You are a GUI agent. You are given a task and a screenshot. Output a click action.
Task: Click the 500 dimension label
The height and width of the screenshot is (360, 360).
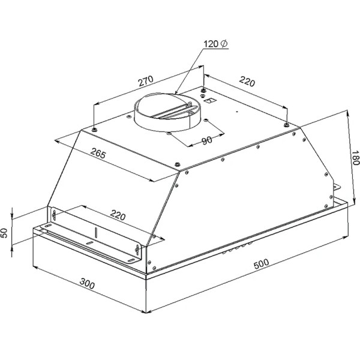point(261,264)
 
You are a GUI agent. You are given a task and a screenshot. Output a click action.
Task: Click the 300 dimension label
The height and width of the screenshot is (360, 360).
point(87,284)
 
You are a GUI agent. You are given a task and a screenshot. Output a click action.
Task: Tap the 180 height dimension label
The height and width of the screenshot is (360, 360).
point(355,158)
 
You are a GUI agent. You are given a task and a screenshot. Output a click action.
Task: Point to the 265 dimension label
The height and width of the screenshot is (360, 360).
point(98,153)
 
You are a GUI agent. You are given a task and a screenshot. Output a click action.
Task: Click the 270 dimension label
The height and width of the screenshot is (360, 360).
point(146,81)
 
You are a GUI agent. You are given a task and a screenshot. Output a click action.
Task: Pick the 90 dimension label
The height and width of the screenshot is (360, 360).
point(207,140)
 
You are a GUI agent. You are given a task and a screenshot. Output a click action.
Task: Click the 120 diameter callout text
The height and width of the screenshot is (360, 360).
point(215,44)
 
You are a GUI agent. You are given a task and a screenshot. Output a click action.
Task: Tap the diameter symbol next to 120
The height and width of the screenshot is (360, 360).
point(224,43)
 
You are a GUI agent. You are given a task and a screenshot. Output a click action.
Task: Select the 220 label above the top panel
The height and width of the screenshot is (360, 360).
point(247,82)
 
